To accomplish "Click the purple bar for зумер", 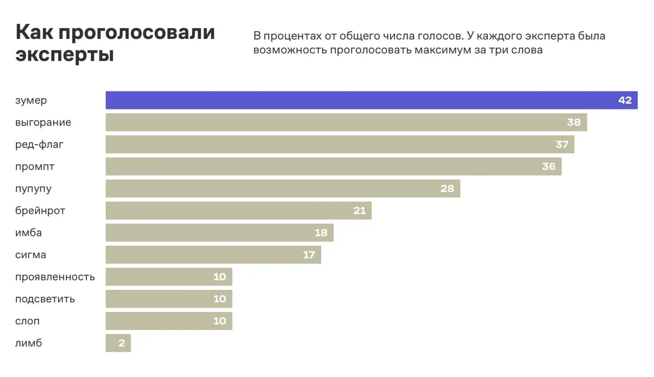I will [x=358, y=100].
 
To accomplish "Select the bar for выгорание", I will [x=346, y=122].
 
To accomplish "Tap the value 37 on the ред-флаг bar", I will [x=562, y=144].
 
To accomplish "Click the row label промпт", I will [x=35, y=167].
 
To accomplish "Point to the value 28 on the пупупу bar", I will [x=447, y=189].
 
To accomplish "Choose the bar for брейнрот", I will [x=238, y=211].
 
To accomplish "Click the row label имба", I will [x=29, y=233].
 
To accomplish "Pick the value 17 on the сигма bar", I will [x=309, y=255].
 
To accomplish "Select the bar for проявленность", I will [x=169, y=277].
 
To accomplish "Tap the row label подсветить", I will [x=45, y=299].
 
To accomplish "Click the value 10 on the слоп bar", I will [x=219, y=321].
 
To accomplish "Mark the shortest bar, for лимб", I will [x=118, y=343].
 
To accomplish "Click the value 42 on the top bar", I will [x=625, y=100].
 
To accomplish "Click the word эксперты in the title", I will [x=64, y=55].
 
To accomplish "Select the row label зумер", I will [x=31, y=100].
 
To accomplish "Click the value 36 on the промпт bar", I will [x=548, y=167].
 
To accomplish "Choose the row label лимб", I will [x=29, y=343].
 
